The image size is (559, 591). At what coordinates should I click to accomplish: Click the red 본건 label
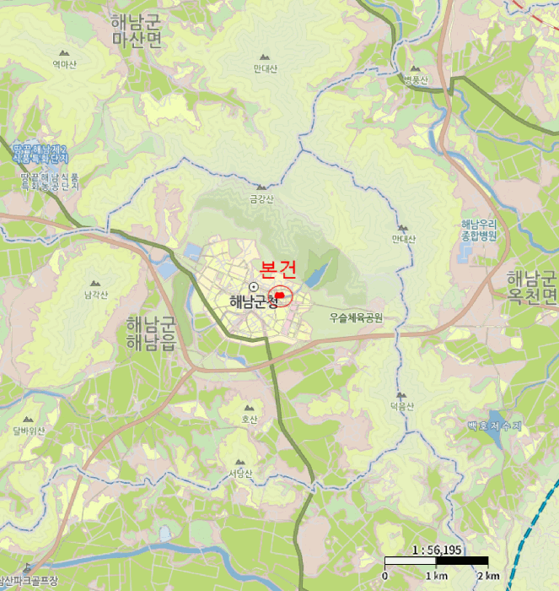tap(278, 269)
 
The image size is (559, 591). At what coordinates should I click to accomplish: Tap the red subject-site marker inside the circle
tap(281, 296)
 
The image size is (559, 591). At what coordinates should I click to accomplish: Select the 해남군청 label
tap(253, 301)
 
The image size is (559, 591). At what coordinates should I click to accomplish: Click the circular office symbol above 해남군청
tap(252, 287)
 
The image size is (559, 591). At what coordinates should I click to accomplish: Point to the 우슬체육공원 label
tap(356, 318)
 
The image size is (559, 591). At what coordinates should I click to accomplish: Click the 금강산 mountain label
tap(261, 200)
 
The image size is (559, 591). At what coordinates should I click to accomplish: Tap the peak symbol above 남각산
tap(95, 283)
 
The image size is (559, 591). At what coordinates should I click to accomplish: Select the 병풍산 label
tap(416, 80)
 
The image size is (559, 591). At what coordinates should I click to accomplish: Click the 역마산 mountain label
tap(64, 65)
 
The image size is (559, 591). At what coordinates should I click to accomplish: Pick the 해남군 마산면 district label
tap(136, 31)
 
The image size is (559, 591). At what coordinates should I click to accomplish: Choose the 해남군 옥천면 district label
tap(531, 287)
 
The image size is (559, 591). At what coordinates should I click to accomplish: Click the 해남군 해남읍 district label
tap(150, 333)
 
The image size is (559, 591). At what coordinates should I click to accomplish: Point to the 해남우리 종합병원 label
tap(480, 231)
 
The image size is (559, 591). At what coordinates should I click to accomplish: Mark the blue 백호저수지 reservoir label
tap(495, 426)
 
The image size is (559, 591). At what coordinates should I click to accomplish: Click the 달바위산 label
tap(29, 430)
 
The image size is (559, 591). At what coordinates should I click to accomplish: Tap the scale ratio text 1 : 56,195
tap(435, 550)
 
